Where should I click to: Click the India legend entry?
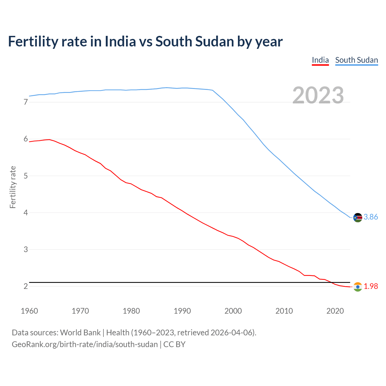[x=320, y=60]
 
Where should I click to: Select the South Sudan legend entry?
[x=356, y=60]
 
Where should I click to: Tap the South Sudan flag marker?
[x=358, y=217]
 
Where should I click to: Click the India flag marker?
[x=358, y=287]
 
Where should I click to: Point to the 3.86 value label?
[x=371, y=217]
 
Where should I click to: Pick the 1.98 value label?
[x=371, y=286]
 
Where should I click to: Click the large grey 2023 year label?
[x=318, y=95]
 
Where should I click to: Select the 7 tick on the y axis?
[x=26, y=102]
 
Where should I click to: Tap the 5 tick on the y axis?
[x=26, y=176]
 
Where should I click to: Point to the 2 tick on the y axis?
[x=26, y=286]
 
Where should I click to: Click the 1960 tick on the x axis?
[x=29, y=311]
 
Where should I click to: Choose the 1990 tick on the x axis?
[x=182, y=311]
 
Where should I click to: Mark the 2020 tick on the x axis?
[x=335, y=311]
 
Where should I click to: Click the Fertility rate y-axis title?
[x=13, y=187]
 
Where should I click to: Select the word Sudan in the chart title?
[x=214, y=42]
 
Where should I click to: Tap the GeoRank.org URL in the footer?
[x=84, y=344]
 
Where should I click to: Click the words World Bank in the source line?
[x=80, y=333]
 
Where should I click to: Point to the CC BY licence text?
[x=174, y=344]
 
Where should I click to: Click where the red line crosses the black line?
[x=331, y=283]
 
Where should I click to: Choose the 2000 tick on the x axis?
[x=233, y=311]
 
